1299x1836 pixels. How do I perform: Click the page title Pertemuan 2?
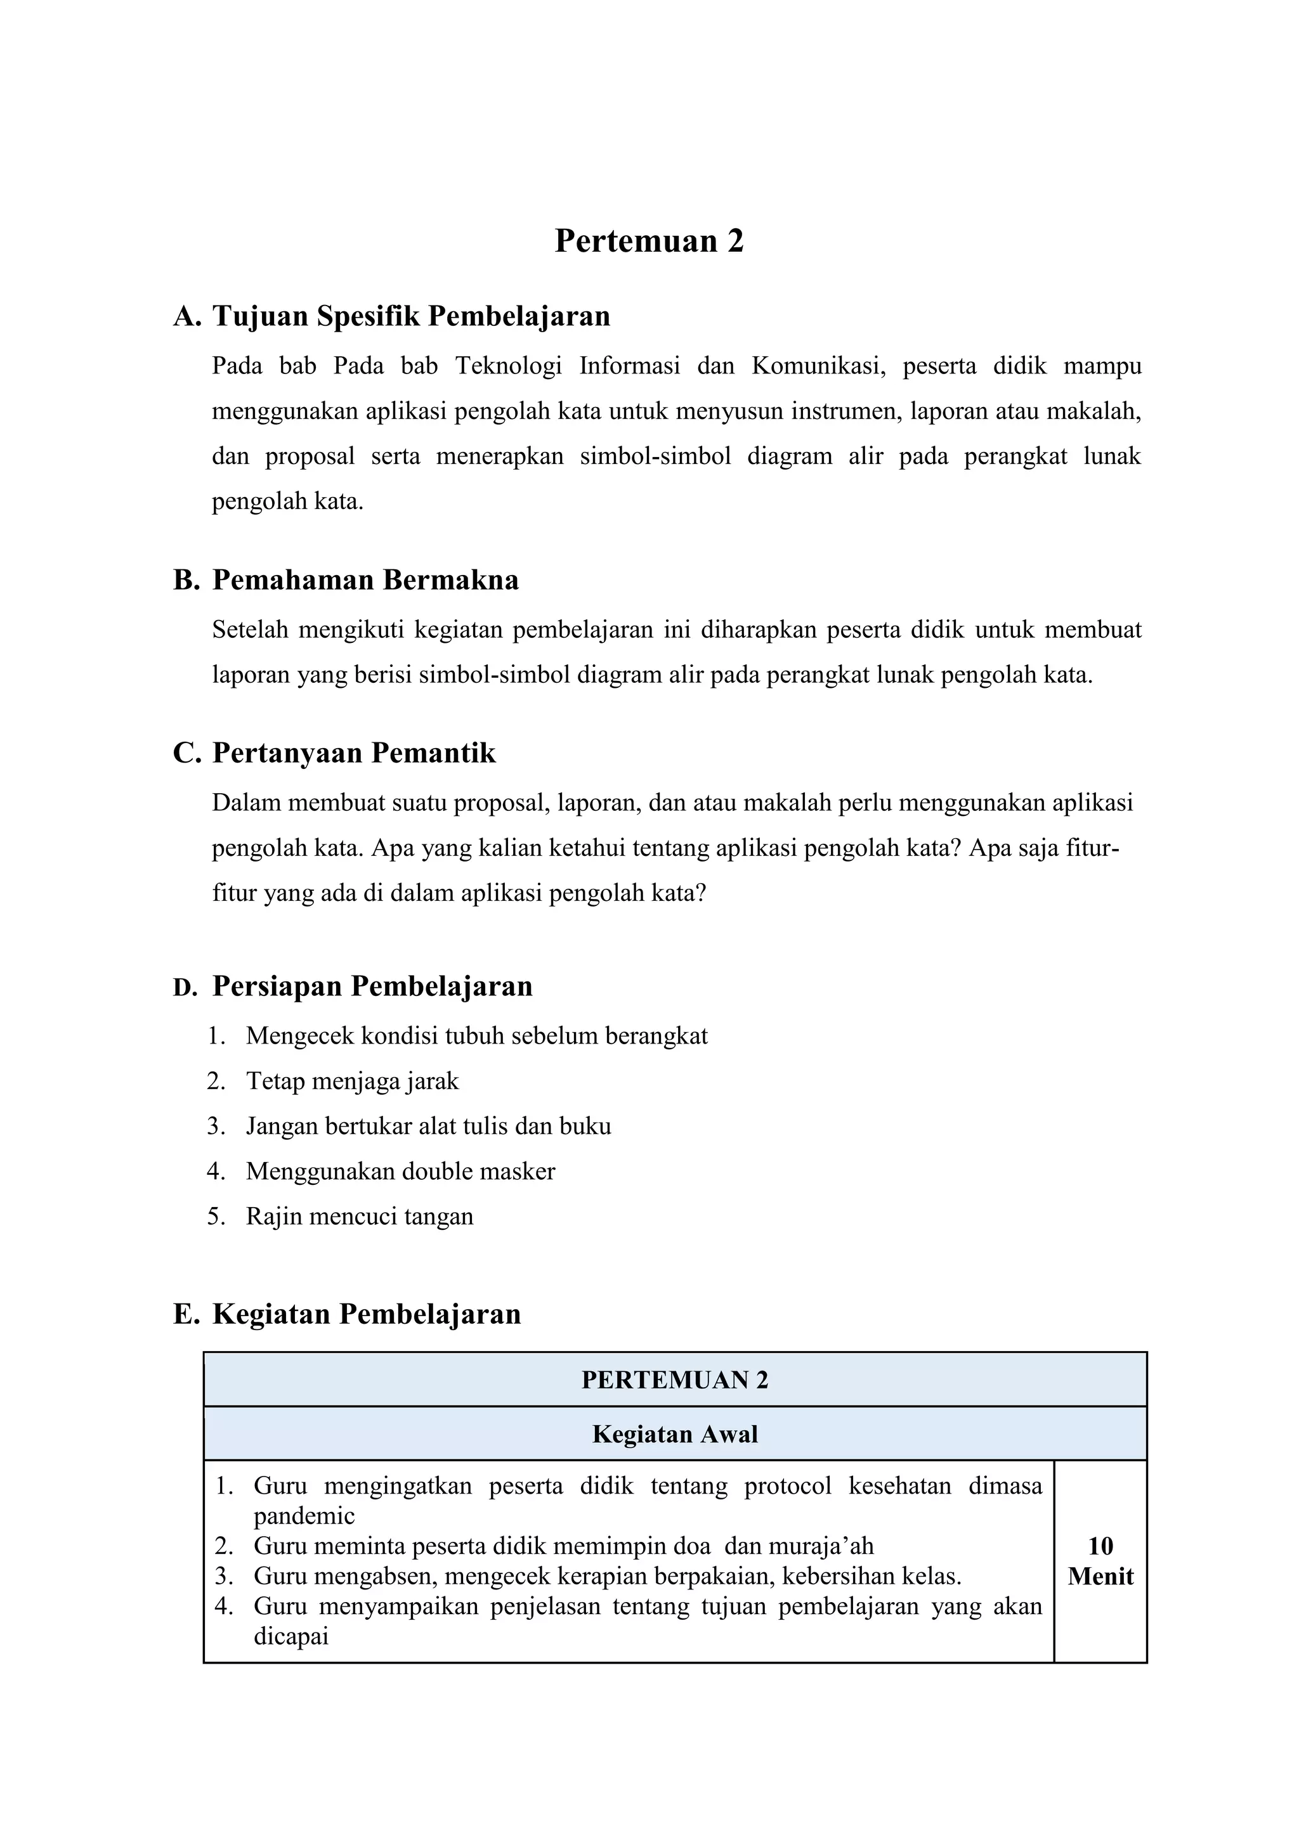pyautogui.click(x=649, y=241)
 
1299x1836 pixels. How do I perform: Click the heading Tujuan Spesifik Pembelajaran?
pyautogui.click(x=410, y=316)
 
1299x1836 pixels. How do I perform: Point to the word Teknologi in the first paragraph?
pyautogui.click(x=509, y=366)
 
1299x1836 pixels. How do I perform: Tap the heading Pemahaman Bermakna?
pyautogui.click(x=365, y=579)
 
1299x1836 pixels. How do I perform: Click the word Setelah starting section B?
pyautogui.click(x=248, y=630)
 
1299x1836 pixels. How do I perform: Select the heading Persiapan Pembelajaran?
pyautogui.click(x=372, y=986)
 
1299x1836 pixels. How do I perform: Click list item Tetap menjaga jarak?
pyautogui.click(x=352, y=1081)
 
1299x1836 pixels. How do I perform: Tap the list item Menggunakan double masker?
pyautogui.click(x=400, y=1172)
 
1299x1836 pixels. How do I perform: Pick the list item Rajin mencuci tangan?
pyautogui.click(x=359, y=1216)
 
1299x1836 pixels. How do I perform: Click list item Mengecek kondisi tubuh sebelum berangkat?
pyautogui.click(x=477, y=1037)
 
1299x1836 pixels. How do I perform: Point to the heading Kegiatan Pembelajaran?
pyautogui.click(x=367, y=1314)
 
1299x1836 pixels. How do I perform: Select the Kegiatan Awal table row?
pyautogui.click(x=674, y=1434)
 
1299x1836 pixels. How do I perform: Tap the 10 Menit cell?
pyautogui.click(x=1100, y=1561)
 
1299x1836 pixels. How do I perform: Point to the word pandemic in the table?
pyautogui.click(x=304, y=1516)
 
